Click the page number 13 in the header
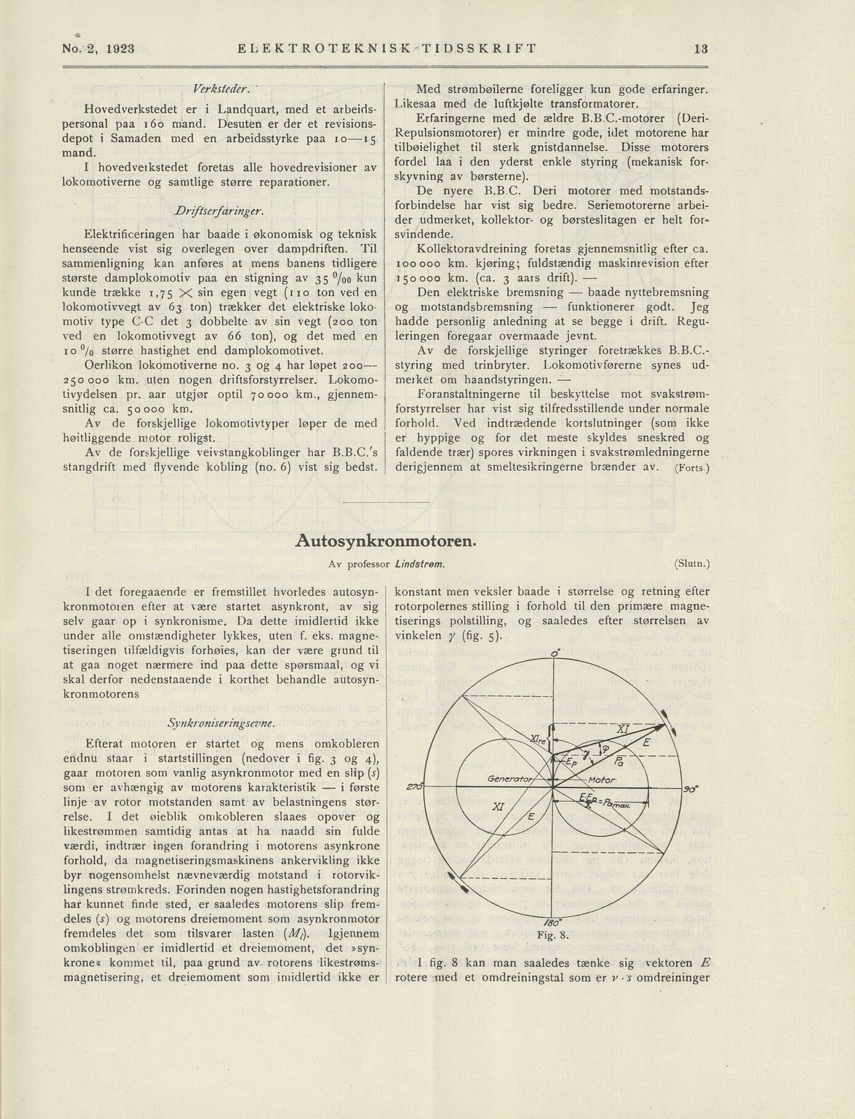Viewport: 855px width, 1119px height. click(700, 49)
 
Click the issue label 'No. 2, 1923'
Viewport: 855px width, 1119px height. click(99, 49)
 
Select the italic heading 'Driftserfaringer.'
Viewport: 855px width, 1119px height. click(220, 212)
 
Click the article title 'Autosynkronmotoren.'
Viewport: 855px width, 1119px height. click(386, 541)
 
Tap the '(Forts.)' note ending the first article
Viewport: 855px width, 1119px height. click(692, 468)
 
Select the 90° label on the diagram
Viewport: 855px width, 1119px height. click(691, 789)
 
